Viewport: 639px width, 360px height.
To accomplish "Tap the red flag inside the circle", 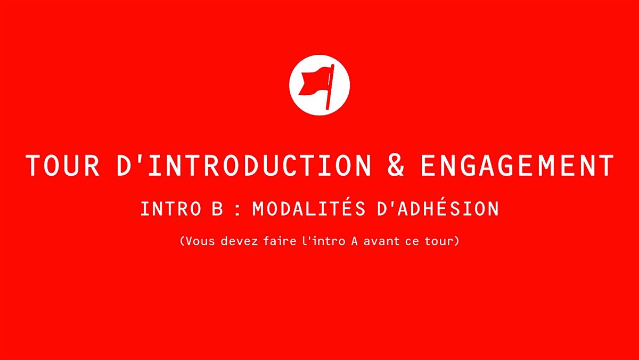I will (314, 81).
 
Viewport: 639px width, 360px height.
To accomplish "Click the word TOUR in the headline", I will (62, 166).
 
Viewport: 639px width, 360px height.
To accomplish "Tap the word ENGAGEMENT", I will (517, 166).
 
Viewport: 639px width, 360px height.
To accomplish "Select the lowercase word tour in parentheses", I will (440, 241).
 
